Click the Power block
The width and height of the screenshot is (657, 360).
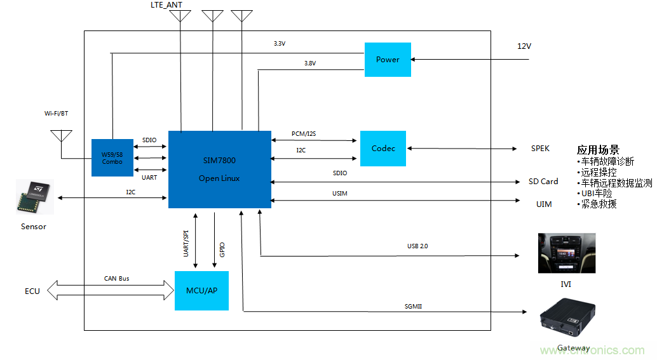388,60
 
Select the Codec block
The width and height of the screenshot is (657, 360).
383,149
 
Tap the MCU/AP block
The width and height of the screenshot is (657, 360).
201,291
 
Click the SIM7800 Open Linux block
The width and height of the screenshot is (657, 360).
219,170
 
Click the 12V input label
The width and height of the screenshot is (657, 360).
524,46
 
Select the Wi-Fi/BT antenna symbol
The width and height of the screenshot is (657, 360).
61,136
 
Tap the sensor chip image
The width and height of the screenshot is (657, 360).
34,197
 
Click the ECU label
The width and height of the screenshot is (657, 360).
32,291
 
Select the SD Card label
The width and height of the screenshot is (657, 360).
543,182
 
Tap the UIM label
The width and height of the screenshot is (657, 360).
544,204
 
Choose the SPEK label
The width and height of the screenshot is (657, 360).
540,149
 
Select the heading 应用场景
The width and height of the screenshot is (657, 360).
598,150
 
